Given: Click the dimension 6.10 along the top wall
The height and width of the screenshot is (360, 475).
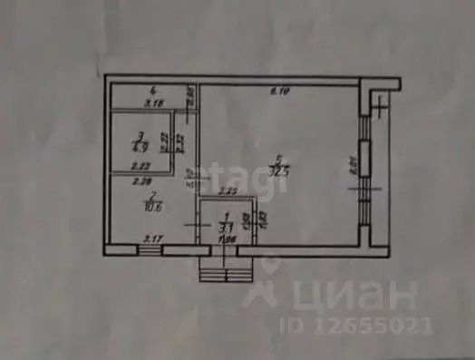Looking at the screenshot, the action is (x=280, y=91).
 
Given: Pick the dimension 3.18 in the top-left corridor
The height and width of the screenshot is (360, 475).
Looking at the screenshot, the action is (x=154, y=103).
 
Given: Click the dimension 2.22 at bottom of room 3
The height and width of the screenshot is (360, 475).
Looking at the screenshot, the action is (x=140, y=167).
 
